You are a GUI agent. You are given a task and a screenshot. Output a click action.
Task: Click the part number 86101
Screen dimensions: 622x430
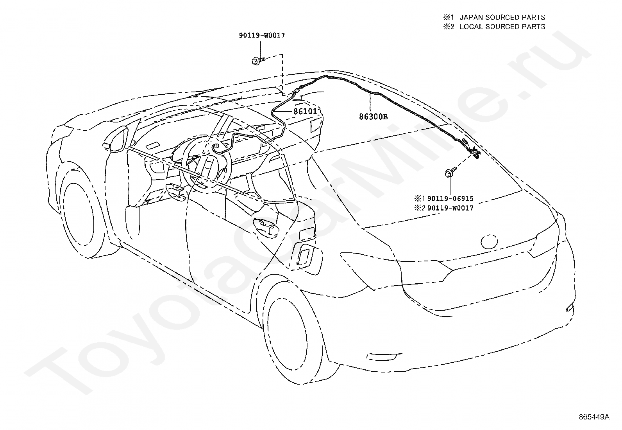pyautogui.click(x=305, y=111)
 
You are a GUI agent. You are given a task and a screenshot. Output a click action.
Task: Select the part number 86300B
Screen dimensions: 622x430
pyautogui.click(x=374, y=117)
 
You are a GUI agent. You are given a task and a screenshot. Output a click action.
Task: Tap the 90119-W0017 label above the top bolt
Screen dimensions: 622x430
pyautogui.click(x=262, y=35)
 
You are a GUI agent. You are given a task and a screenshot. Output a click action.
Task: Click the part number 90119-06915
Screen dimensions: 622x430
pyautogui.click(x=450, y=198)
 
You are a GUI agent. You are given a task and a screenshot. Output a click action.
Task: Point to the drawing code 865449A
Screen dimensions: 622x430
pyautogui.click(x=594, y=417)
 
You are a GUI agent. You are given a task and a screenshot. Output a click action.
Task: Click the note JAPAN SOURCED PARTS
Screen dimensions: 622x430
pyautogui.click(x=502, y=17)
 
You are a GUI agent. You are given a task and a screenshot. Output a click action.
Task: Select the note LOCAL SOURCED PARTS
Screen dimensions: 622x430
pyautogui.click(x=502, y=27)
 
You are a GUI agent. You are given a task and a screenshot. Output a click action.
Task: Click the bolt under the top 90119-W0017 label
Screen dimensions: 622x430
pyautogui.click(x=258, y=60)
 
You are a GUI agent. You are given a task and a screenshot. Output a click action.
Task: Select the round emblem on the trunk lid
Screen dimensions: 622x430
pyautogui.click(x=489, y=242)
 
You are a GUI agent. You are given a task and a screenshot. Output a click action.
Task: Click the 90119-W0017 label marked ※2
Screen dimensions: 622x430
pyautogui.click(x=450, y=208)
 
